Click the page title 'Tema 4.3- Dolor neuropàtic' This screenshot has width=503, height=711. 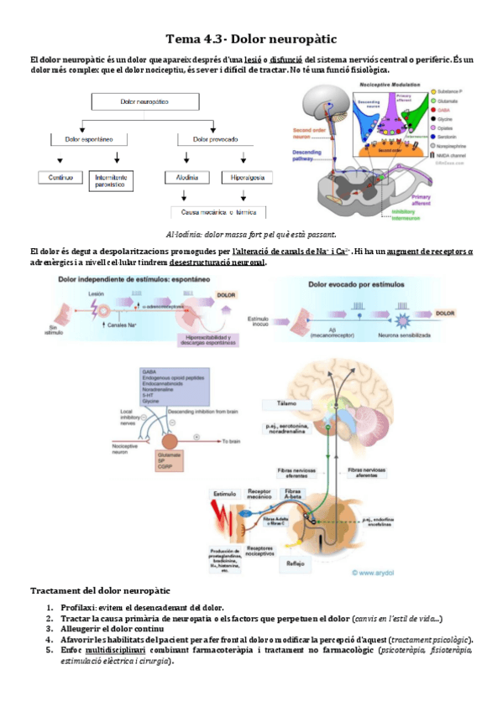click(x=251, y=39)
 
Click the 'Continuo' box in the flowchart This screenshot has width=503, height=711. click(x=61, y=178)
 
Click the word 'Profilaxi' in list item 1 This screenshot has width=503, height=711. click(x=70, y=608)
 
